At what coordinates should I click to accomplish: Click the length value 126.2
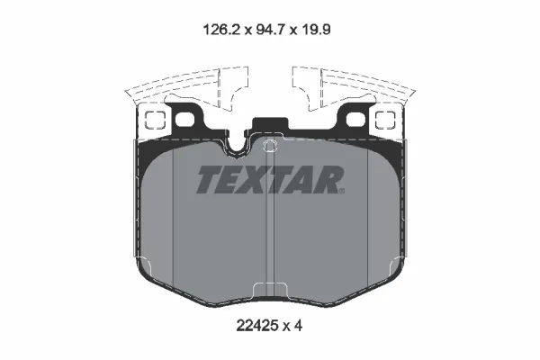221,30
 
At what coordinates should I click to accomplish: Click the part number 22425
256,325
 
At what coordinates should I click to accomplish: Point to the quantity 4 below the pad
298,325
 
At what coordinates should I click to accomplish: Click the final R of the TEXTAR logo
328,179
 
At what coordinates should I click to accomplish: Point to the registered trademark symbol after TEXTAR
341,191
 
